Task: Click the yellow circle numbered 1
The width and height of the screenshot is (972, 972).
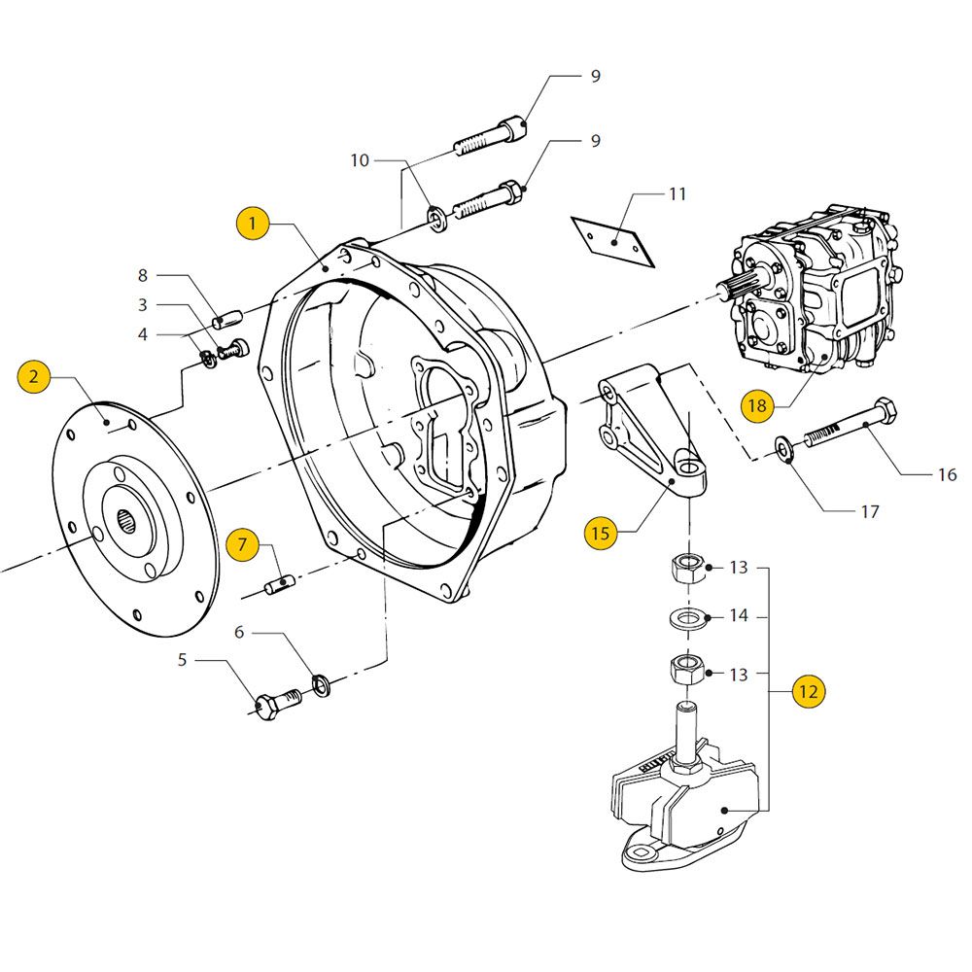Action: pyautogui.click(x=253, y=224)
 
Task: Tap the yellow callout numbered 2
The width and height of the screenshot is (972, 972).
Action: pyautogui.click(x=34, y=375)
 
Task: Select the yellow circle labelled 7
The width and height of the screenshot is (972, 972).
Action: pyautogui.click(x=242, y=545)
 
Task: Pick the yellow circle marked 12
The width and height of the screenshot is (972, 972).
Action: pyautogui.click(x=809, y=691)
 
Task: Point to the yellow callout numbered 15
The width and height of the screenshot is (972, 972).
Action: pyautogui.click(x=601, y=533)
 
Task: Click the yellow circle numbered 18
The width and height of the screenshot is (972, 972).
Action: pyautogui.click(x=757, y=406)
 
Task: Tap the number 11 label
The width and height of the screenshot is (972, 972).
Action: pyautogui.click(x=677, y=194)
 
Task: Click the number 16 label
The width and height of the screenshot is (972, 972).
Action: pyautogui.click(x=947, y=475)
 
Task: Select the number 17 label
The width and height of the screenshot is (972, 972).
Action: pyautogui.click(x=870, y=512)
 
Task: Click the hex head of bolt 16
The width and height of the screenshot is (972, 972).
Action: pyautogui.click(x=884, y=410)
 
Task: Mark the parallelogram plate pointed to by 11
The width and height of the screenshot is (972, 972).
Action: pyautogui.click(x=613, y=242)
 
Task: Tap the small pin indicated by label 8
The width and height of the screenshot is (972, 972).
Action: pyautogui.click(x=226, y=321)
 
